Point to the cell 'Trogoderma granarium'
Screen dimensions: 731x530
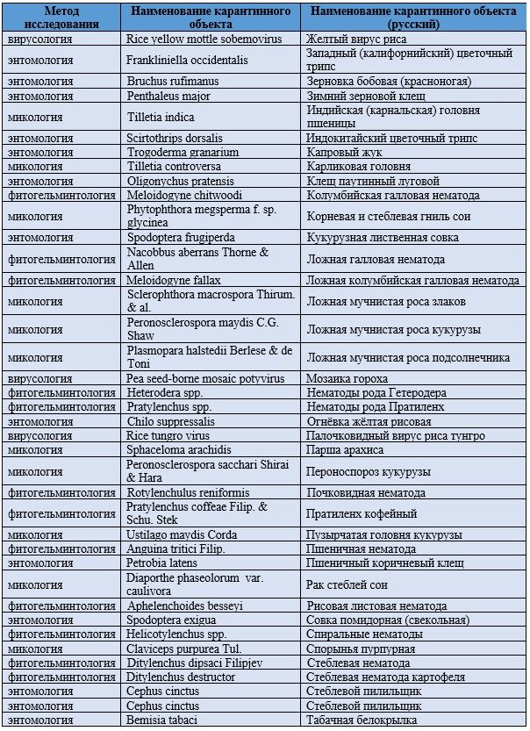pyautogui.click(x=175, y=152)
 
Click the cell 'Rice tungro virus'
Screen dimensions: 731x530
pyautogui.click(x=168, y=435)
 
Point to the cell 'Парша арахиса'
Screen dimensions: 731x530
pyautogui.click(x=345, y=449)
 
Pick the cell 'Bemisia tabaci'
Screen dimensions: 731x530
pyautogui.click(x=161, y=720)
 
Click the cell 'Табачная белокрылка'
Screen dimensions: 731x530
pyautogui.click(x=361, y=720)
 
